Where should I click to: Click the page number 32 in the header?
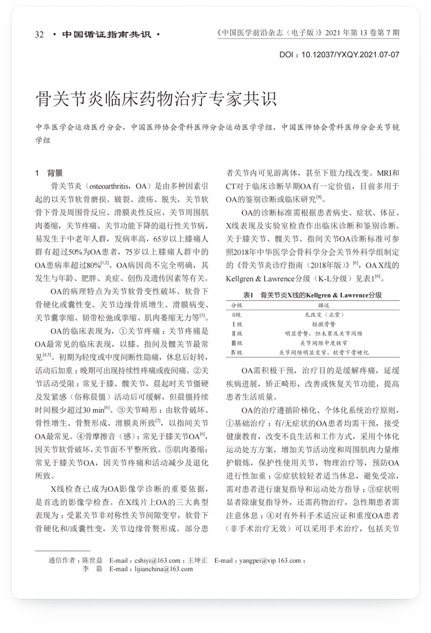(x=39, y=35)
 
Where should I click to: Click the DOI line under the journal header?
(x=339, y=54)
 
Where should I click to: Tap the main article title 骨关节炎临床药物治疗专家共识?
(x=156, y=99)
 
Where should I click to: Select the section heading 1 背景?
(x=49, y=173)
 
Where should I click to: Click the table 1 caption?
(x=313, y=295)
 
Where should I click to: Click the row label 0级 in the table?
(x=236, y=314)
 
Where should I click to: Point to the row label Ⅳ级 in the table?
(x=236, y=352)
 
